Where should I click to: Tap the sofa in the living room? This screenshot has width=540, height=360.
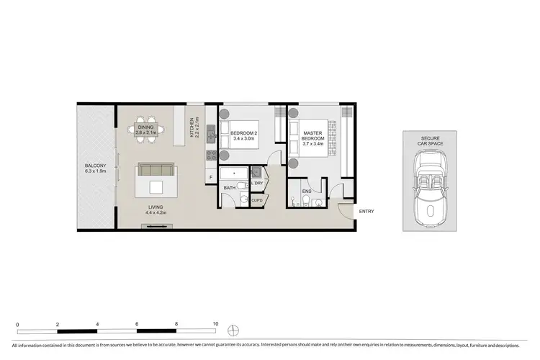point(155,170)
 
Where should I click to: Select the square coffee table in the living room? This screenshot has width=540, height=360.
point(156,187)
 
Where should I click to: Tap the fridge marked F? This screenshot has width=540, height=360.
point(210,176)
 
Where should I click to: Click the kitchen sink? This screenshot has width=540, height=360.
point(211,132)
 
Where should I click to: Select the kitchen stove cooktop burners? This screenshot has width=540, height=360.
point(211,154)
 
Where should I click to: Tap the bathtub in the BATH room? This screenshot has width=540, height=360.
point(235,175)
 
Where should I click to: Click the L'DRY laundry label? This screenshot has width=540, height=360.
point(258,185)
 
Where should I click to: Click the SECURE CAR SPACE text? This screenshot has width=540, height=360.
point(430,141)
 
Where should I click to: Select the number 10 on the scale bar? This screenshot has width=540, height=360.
point(215,324)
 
